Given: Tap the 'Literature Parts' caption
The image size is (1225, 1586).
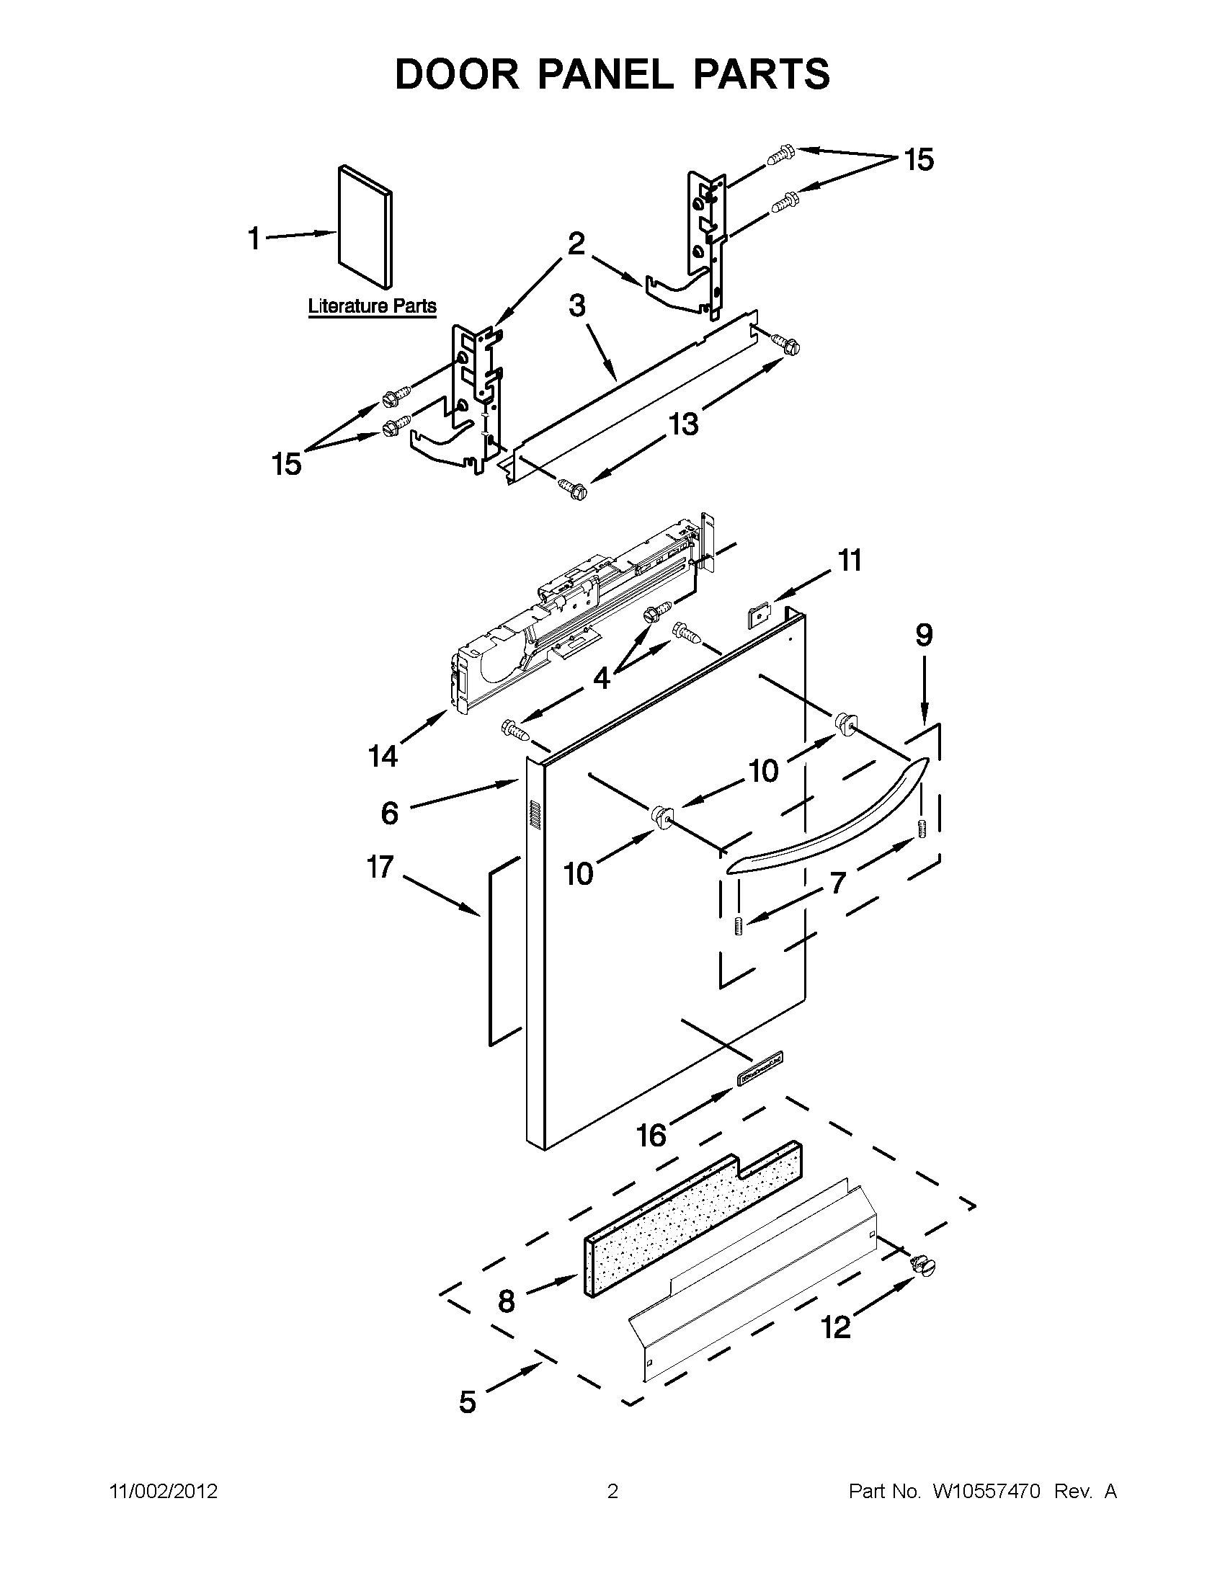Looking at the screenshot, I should coord(373,306).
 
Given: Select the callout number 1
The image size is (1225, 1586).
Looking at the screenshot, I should coord(254,239).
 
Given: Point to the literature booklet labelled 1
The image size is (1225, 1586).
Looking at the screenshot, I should coord(365,226).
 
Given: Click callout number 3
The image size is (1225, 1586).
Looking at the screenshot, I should coord(577,306).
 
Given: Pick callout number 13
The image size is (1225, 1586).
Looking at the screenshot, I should coord(683,423).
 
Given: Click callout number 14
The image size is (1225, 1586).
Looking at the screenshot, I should coord(383,757).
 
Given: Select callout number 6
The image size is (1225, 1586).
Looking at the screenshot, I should coord(390,813).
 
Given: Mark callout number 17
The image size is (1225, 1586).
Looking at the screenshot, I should coord(380,866).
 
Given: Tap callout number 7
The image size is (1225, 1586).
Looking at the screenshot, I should coord(838,883).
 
